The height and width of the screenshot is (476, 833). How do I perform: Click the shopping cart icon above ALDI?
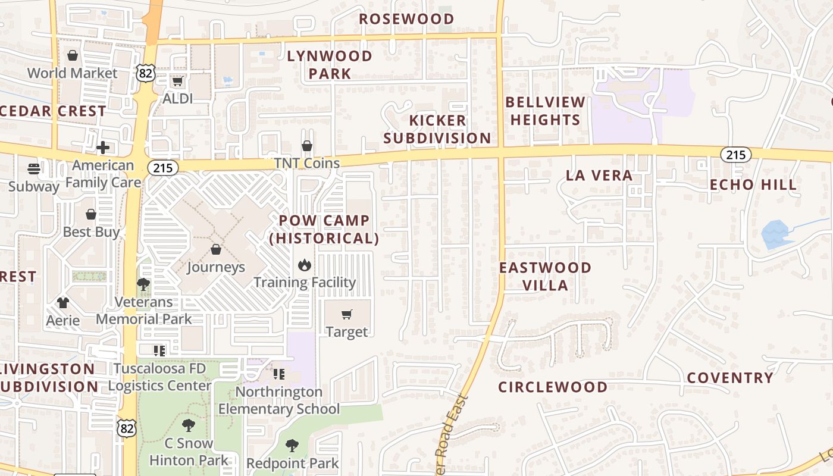pyautogui.click(x=177, y=82)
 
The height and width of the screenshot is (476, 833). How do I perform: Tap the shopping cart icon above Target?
pyautogui.click(x=347, y=314)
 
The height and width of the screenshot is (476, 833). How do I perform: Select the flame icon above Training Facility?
pyautogui.click(x=305, y=265)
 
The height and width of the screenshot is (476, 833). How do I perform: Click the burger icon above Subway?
pyautogui.click(x=34, y=169)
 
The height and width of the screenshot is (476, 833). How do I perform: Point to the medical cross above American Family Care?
pyautogui.click(x=103, y=147)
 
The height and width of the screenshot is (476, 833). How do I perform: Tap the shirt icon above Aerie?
pyautogui.click(x=63, y=303)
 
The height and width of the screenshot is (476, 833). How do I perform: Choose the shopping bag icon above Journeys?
pyautogui.click(x=215, y=249)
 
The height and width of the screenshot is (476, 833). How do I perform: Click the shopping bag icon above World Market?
pyautogui.click(x=73, y=56)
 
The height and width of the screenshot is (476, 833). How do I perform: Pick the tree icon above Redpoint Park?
pyautogui.click(x=292, y=445)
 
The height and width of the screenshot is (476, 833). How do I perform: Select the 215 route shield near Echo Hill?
pyautogui.click(x=735, y=155)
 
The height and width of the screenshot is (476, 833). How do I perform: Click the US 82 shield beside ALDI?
pyautogui.click(x=146, y=73)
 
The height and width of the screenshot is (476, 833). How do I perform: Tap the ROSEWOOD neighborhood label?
pyautogui.click(x=406, y=19)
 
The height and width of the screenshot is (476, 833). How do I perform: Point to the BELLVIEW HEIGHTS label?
pyautogui.click(x=545, y=111)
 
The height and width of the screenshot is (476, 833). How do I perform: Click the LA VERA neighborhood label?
pyautogui.click(x=599, y=176)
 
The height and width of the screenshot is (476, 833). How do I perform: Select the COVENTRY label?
pyautogui.click(x=730, y=378)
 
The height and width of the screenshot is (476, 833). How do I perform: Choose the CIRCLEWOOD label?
pyautogui.click(x=553, y=387)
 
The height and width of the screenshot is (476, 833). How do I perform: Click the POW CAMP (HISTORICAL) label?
pyautogui.click(x=324, y=229)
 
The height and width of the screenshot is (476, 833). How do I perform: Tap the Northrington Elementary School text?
pyautogui.click(x=278, y=400)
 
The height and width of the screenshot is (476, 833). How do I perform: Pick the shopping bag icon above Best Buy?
pyautogui.click(x=91, y=214)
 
